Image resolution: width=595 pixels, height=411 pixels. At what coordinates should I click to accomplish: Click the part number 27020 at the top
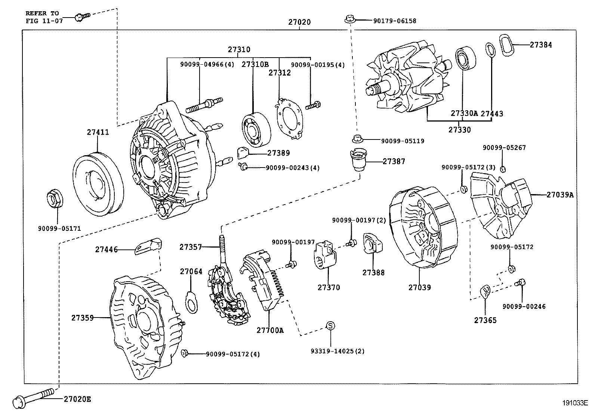pyautogui.click(x=299, y=22)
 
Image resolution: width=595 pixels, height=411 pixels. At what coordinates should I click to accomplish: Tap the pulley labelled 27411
pyautogui.click(x=97, y=184)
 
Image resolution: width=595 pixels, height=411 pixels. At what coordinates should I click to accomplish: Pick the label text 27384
pyautogui.click(x=540, y=45)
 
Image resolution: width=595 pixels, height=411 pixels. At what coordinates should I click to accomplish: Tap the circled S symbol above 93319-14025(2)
pyautogui.click(x=330, y=325)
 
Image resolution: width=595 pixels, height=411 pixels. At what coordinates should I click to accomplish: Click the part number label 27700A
pyautogui.click(x=270, y=330)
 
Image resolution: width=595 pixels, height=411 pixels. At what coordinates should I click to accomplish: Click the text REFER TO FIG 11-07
pyautogui.click(x=42, y=17)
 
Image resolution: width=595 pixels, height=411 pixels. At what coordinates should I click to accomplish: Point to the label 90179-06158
pyautogui.click(x=394, y=21)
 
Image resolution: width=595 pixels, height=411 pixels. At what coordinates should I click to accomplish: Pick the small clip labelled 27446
pyautogui.click(x=148, y=246)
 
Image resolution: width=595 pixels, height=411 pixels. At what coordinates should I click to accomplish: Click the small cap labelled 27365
pyautogui.click(x=485, y=291)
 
